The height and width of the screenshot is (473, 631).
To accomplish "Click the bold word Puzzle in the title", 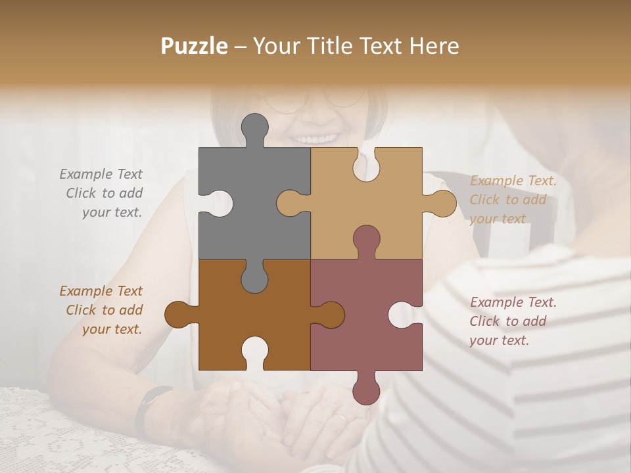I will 195,46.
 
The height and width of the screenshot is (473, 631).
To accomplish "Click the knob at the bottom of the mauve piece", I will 366,389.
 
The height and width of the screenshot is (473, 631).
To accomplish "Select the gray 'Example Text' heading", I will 101,174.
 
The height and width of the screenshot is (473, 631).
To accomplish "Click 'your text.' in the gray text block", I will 112,212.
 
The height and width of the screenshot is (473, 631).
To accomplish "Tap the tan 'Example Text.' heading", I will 513,181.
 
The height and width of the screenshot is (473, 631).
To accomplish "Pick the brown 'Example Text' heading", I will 101,291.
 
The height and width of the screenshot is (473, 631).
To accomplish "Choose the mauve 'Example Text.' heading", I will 513,302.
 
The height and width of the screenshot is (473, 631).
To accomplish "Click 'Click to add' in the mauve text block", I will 507,321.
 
